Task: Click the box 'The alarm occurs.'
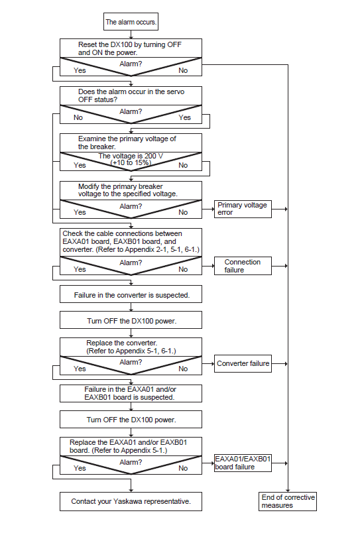pyautogui.click(x=131, y=22)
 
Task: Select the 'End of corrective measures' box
pyautogui.click(x=287, y=501)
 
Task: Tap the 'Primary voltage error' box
pyautogui.click(x=243, y=209)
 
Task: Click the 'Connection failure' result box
pyautogui.click(x=243, y=266)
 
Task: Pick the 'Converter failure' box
pyautogui.click(x=243, y=363)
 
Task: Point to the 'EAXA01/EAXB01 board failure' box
pyautogui.click(x=243, y=463)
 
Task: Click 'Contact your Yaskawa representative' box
pyautogui.click(x=131, y=501)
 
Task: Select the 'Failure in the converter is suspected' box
pyautogui.click(x=131, y=294)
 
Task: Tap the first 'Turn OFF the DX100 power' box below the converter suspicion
pyautogui.click(x=131, y=320)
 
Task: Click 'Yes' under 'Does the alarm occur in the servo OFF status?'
pyautogui.click(x=184, y=117)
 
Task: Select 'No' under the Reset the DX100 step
pyautogui.click(x=183, y=70)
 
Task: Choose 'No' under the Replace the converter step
pyautogui.click(x=183, y=369)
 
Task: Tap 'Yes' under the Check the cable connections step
pyautogui.click(x=80, y=269)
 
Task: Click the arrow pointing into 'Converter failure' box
pyautogui.click(x=208, y=363)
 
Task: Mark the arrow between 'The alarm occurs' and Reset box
pyautogui.click(x=131, y=34)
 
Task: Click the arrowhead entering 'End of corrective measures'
pyautogui.click(x=288, y=491)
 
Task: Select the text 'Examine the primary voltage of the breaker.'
pyautogui.click(x=127, y=143)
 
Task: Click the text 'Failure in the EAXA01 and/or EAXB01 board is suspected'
pyautogui.click(x=130, y=393)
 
